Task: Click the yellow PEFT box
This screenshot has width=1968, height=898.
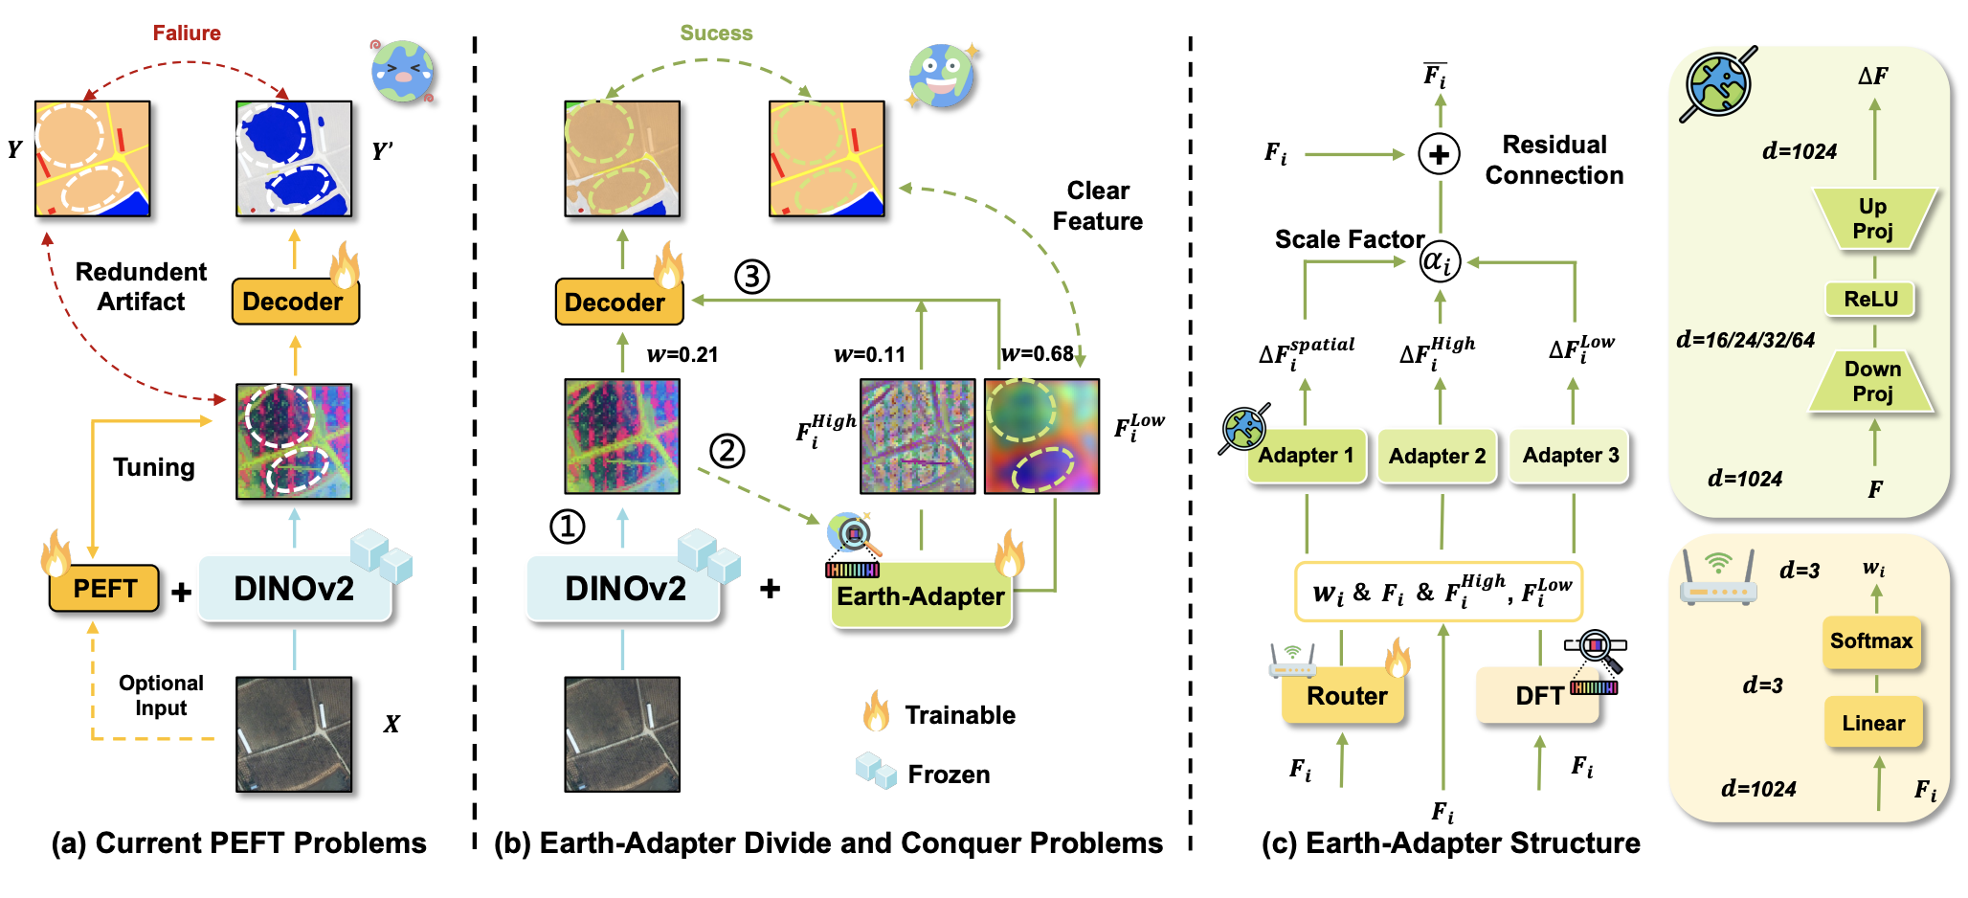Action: pyautogui.click(x=104, y=589)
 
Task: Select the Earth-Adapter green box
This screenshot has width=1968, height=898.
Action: pyautogui.click(x=920, y=596)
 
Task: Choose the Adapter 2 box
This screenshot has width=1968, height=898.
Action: pyautogui.click(x=1437, y=456)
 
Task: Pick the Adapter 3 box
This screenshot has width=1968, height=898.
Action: pyautogui.click(x=1570, y=456)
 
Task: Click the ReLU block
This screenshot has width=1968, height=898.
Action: pyautogui.click(x=1870, y=299)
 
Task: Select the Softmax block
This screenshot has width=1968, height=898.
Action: pyautogui.click(x=1870, y=641)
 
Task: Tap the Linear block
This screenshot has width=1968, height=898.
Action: pyautogui.click(x=1872, y=723)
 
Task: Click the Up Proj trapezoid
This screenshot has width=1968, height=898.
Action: pyautogui.click(x=1872, y=219)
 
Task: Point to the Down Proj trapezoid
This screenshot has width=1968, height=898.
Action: pyautogui.click(x=1872, y=382)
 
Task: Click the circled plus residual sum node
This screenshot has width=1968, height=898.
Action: pyautogui.click(x=1439, y=154)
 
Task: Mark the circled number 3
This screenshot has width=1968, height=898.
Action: pyautogui.click(x=751, y=277)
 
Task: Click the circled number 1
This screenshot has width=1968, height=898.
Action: pyautogui.click(x=567, y=527)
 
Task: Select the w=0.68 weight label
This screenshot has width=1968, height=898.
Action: pyautogui.click(x=1038, y=354)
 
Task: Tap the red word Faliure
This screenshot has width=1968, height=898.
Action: pyautogui.click(x=187, y=34)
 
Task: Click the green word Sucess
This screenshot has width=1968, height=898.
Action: pyautogui.click(x=716, y=34)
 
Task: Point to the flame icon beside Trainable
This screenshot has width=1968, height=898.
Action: pyautogui.click(x=876, y=712)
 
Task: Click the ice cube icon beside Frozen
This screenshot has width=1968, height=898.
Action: pyautogui.click(x=876, y=771)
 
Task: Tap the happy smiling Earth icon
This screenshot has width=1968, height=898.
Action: pyautogui.click(x=942, y=76)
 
